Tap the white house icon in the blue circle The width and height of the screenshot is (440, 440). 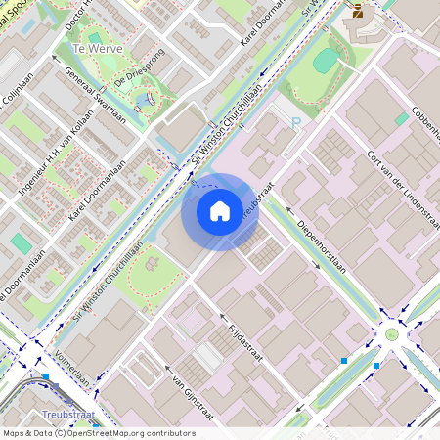click(x=220, y=211)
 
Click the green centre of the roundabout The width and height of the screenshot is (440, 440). click(x=392, y=334)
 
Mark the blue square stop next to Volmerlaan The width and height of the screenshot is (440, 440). click(x=45, y=375)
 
